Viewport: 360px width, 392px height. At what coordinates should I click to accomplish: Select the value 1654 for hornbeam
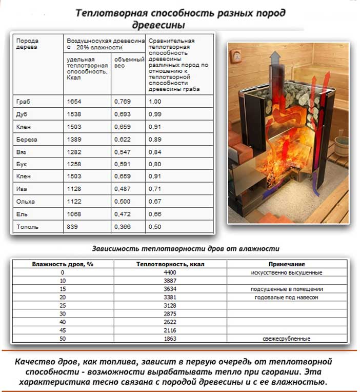tap(74, 102)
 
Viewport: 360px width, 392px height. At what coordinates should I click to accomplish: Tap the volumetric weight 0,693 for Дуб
tap(123, 114)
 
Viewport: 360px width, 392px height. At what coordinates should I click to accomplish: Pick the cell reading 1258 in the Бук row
tap(74, 164)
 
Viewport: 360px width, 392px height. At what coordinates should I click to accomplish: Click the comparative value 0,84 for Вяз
tap(154, 151)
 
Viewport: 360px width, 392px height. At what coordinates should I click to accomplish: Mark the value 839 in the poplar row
tap(72, 226)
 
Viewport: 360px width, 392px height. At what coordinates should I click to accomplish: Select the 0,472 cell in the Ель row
tap(123, 214)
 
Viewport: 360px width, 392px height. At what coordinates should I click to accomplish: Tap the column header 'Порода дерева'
tap(27, 43)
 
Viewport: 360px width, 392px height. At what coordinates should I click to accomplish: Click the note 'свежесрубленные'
tap(287, 339)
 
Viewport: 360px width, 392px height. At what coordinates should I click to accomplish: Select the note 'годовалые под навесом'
tap(287, 297)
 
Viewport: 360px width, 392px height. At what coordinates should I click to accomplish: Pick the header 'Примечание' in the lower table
tap(287, 264)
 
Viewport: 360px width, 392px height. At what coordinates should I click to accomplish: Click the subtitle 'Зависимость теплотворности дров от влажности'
tap(186, 248)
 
